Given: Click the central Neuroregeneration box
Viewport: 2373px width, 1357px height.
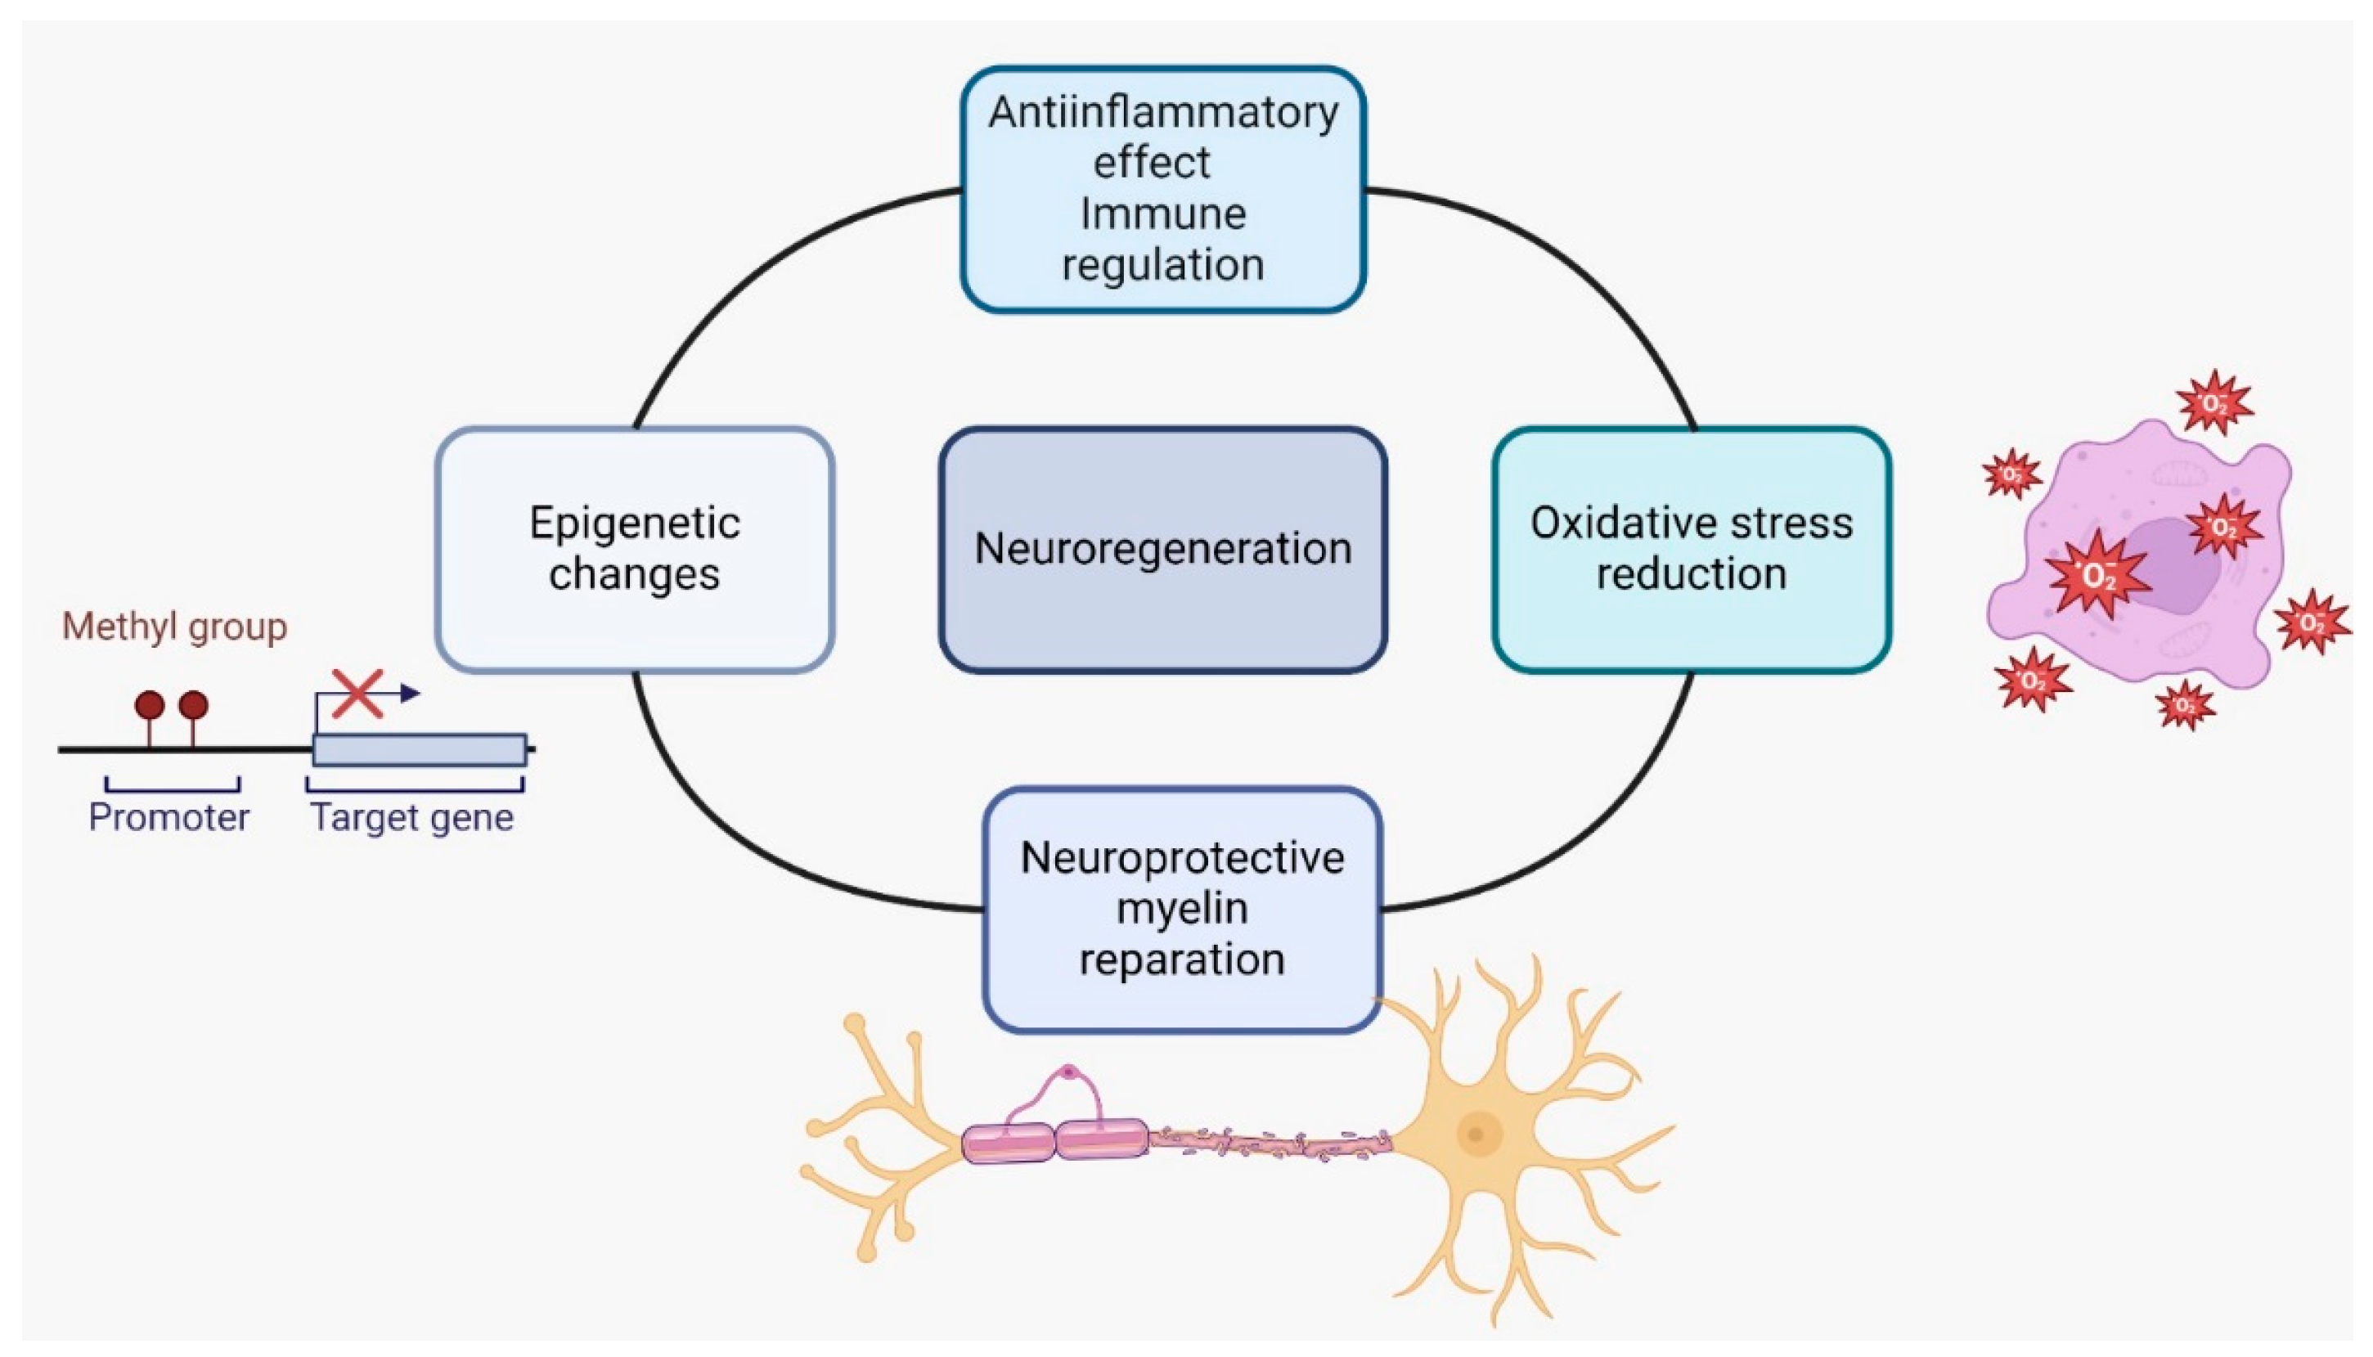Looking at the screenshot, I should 1162,549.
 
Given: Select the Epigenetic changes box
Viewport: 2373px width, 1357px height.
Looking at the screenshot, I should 634,549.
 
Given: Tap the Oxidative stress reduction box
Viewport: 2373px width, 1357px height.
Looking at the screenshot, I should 1691,549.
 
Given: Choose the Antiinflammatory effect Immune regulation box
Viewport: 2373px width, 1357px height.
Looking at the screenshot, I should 1162,189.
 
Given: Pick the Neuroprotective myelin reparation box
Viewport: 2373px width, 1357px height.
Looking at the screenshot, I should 1182,909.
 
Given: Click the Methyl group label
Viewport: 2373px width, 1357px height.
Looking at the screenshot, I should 174,627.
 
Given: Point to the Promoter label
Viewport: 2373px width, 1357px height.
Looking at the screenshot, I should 169,817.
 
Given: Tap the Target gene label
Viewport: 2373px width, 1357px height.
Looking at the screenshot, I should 412,817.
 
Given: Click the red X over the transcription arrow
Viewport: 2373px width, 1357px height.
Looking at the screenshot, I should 357,694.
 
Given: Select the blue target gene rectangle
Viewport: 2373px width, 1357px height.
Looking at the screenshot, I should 420,750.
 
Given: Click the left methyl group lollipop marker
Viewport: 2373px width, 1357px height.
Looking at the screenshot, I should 149,706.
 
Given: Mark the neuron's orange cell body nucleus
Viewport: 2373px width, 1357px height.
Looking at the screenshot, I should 1476,1135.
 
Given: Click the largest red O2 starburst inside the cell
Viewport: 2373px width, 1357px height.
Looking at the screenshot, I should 2097,575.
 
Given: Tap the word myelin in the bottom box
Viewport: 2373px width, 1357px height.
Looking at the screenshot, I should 1182,909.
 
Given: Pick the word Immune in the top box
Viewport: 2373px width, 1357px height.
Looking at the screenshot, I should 1162,214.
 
